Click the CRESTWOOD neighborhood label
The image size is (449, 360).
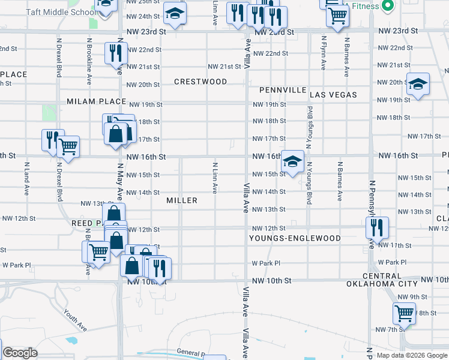[x=200, y=82]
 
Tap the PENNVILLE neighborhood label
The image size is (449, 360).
[x=283, y=90]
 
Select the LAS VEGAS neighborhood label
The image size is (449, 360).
[x=333, y=95]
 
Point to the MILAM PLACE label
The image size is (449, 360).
[x=96, y=101]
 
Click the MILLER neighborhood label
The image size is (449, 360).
[x=182, y=200]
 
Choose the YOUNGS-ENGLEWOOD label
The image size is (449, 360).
[x=295, y=238]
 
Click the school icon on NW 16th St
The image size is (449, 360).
[x=292, y=161]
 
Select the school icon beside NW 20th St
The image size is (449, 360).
[x=418, y=85]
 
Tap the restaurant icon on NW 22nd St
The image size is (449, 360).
[x=113, y=53]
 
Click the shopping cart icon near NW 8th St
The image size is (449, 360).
[x=404, y=313]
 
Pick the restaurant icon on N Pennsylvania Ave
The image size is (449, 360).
[x=377, y=227]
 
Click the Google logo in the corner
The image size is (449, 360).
[x=20, y=353]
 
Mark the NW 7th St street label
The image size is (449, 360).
[x=388, y=329]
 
